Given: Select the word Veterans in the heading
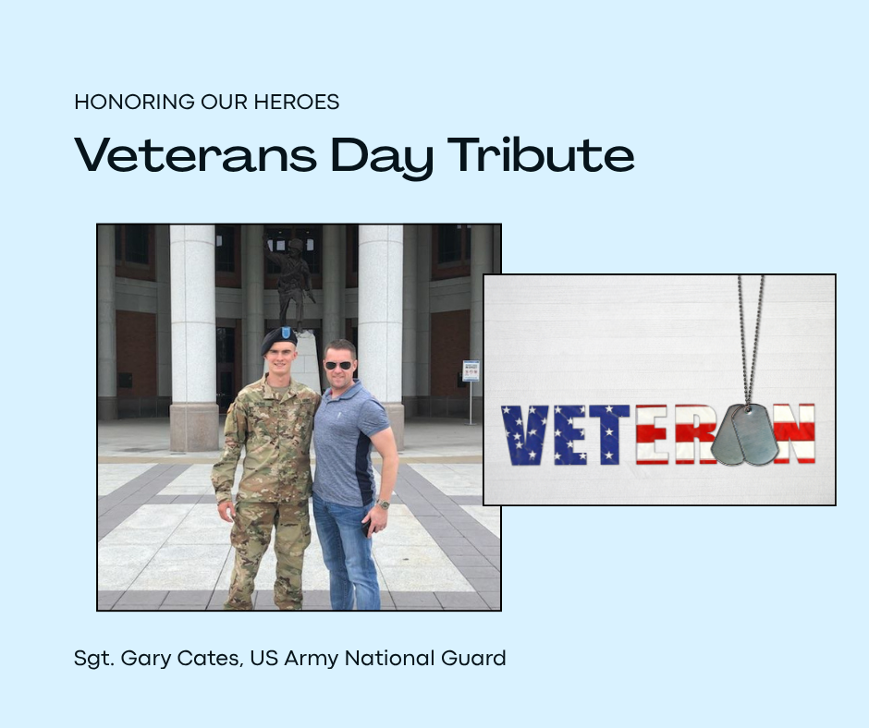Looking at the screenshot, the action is [196, 155].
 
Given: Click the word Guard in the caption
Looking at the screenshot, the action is [473, 658].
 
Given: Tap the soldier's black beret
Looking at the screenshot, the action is [279, 338].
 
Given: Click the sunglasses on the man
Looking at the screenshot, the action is [338, 365].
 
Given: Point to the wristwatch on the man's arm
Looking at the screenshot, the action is [383, 504].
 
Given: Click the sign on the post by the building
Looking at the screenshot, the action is [471, 370].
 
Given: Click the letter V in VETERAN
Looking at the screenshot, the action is [524, 435].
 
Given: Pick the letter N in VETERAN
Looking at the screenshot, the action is [795, 434].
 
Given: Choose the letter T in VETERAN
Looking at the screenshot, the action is [609, 435].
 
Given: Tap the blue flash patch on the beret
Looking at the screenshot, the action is [286, 333].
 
